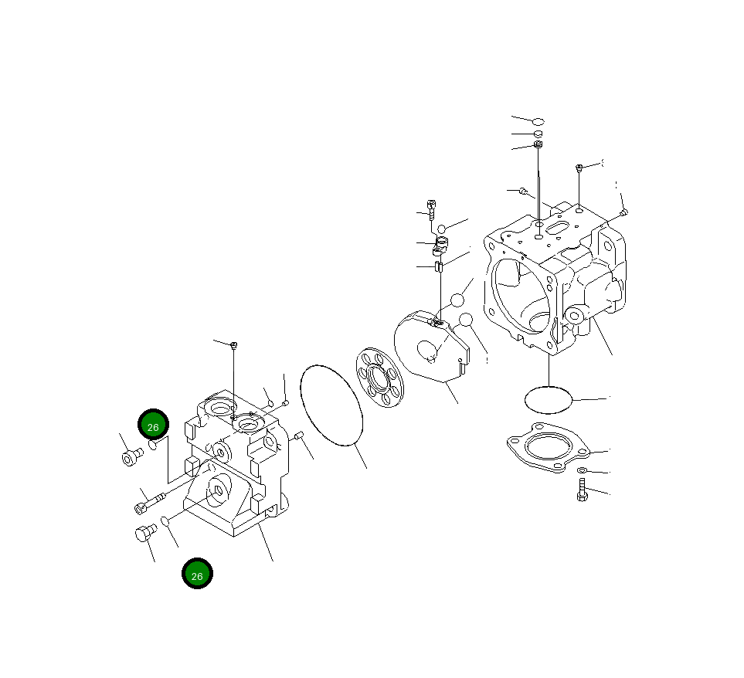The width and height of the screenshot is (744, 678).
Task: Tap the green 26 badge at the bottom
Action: tap(197, 575)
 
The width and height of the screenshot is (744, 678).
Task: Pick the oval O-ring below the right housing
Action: tap(549, 400)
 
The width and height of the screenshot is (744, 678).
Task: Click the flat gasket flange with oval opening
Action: tap(548, 447)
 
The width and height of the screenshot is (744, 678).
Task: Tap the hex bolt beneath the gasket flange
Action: tap(582, 490)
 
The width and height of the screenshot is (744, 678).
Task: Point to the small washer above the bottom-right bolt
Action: tap(581, 470)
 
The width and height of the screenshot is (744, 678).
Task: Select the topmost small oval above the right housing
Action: tap(538, 121)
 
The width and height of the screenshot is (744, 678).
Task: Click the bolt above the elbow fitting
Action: tap(431, 208)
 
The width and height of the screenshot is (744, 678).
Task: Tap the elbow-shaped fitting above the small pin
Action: tap(441, 246)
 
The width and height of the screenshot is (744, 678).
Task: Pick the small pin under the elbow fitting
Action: tap(438, 267)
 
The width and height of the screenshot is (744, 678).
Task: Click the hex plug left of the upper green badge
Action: tap(129, 457)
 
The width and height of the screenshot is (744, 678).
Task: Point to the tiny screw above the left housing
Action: tap(234, 344)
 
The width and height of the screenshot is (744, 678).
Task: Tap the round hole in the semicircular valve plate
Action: tap(426, 351)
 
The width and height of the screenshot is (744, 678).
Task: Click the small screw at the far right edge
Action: tap(623, 212)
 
